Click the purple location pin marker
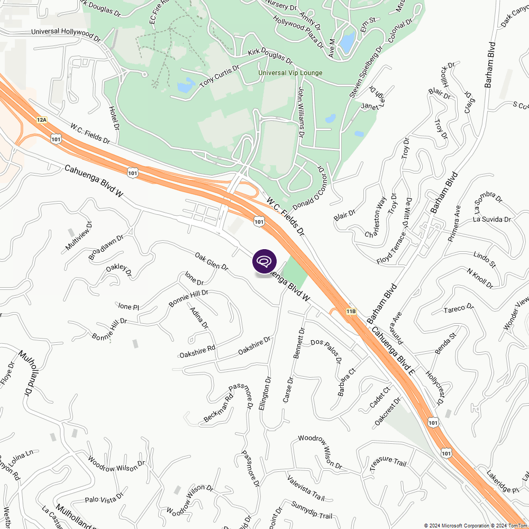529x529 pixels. tap(264, 261)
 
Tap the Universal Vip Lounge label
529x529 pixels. tap(290, 73)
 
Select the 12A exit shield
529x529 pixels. tap(42, 120)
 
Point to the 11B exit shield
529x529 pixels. tap(351, 312)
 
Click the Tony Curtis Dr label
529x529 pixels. tap(220, 77)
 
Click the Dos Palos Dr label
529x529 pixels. tap(326, 352)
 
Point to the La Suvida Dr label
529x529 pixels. tap(492, 219)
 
